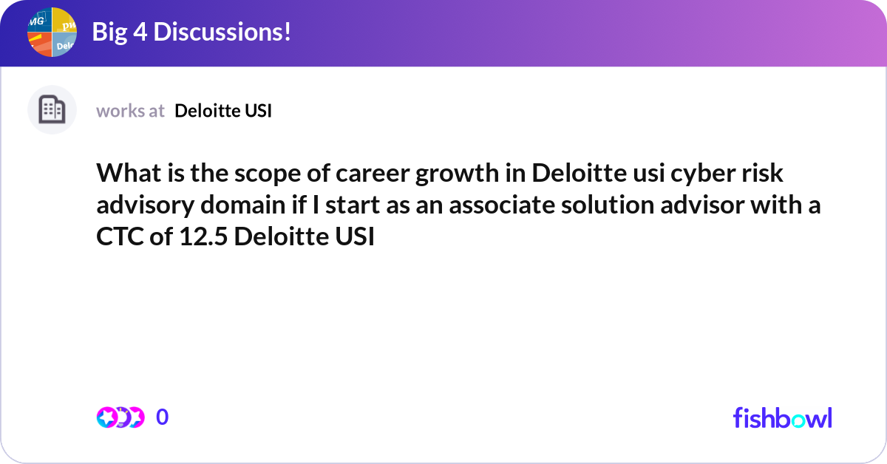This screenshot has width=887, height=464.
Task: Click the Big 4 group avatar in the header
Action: point(52,33)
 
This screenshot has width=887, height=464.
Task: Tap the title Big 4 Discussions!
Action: point(191,33)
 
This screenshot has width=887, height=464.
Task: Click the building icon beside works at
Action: point(52,110)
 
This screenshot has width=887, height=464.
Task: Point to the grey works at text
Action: point(130,111)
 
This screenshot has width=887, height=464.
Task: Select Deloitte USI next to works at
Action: point(223,111)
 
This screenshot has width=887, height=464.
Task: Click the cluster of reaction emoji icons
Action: point(120,417)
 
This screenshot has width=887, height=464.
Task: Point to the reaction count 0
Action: point(162,417)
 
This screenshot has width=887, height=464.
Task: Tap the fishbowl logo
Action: point(782,417)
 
